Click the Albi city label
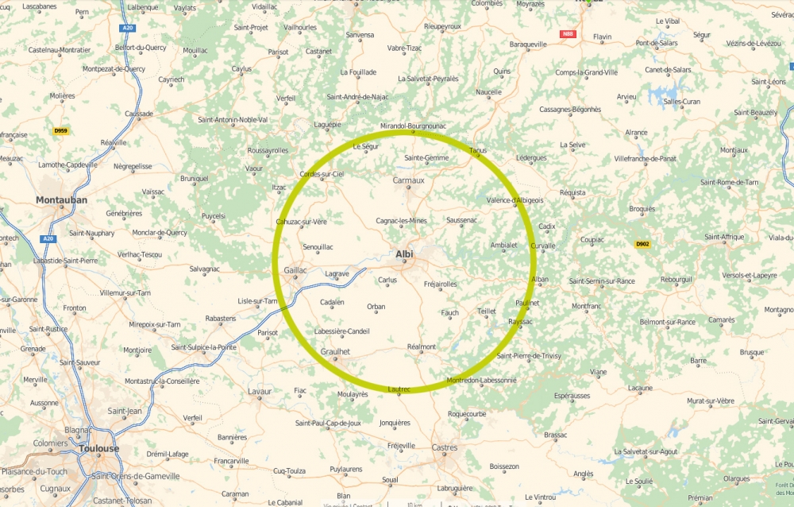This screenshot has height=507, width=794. [x=405, y=254]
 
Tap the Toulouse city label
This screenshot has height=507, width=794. [x=99, y=448]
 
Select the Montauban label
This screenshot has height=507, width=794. [x=61, y=200]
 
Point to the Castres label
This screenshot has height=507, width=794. [x=445, y=448]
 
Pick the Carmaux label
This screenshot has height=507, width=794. [x=409, y=180]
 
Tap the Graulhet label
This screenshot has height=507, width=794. [x=334, y=351]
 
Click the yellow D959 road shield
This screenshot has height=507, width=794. [x=60, y=130]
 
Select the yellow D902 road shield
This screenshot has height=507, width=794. [x=642, y=244]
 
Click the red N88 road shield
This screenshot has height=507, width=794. [x=567, y=34]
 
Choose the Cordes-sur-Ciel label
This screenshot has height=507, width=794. [x=322, y=174]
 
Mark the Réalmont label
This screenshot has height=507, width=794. [x=422, y=346]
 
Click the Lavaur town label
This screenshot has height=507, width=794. [x=260, y=391]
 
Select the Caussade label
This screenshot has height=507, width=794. [x=139, y=114]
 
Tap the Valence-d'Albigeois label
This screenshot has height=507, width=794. [x=515, y=200]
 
